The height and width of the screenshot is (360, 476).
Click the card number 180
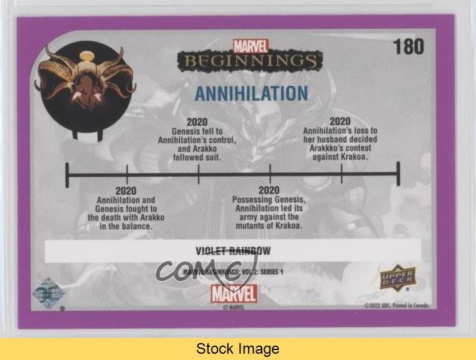click(408, 47)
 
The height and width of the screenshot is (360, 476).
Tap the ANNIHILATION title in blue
click(251, 93)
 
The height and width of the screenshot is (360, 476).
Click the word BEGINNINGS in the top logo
click(250, 61)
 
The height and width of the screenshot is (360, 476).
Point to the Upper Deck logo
click(398, 278)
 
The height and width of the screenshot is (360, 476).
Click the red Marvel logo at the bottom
click(234, 293)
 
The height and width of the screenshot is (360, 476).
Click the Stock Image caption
click(237, 349)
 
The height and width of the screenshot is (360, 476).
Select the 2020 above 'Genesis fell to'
click(197, 121)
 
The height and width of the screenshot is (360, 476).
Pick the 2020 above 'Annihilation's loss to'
click(340, 121)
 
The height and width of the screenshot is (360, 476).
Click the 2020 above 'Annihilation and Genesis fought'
click(126, 191)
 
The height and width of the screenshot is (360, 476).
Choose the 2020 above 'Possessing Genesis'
click(269, 190)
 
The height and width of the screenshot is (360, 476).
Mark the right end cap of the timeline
click(398, 173)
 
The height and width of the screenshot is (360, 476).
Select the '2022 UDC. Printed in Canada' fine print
click(396, 306)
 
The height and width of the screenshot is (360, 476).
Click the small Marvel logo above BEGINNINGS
click(250, 46)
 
